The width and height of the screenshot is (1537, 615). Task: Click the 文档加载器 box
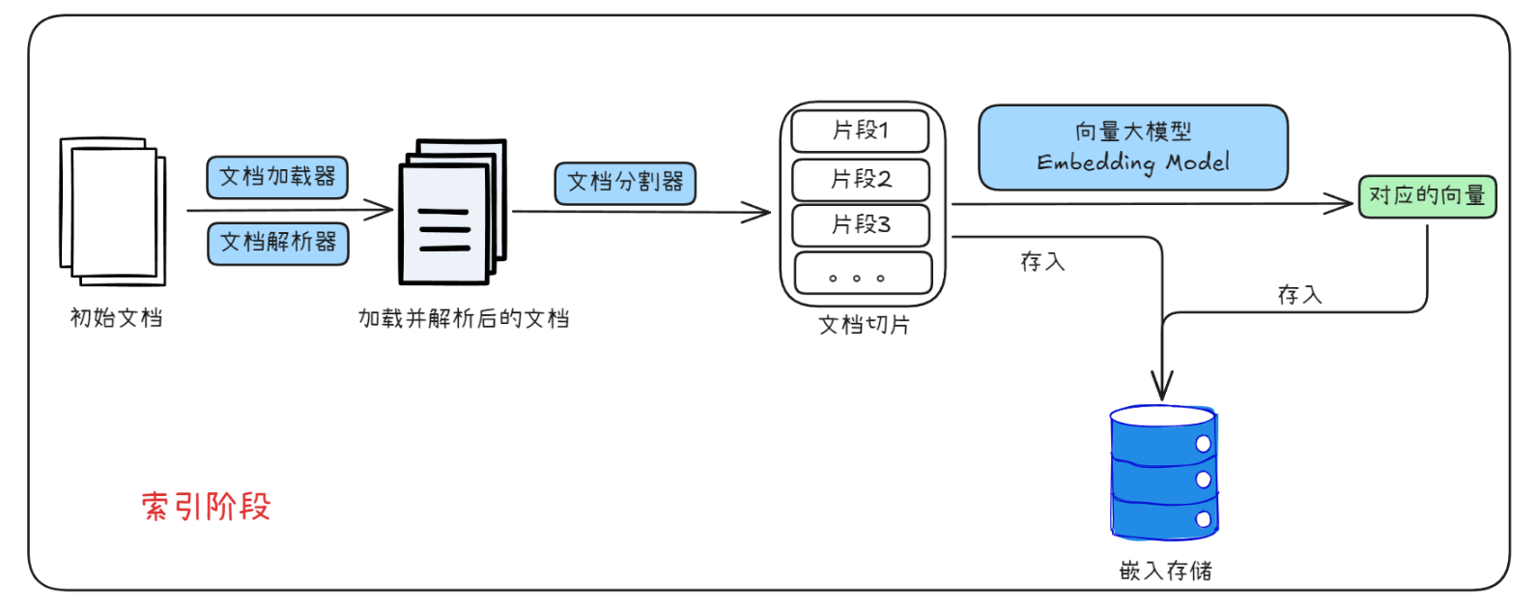[x=276, y=177]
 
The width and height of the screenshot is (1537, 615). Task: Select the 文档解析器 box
[x=277, y=242]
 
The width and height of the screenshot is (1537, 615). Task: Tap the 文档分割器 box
[x=624, y=183]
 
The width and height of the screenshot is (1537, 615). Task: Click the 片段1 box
[x=859, y=131]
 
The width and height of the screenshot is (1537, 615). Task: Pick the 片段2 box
[x=860, y=179]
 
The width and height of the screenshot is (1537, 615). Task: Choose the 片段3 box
[x=860, y=224]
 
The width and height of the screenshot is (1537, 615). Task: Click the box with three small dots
[x=862, y=274]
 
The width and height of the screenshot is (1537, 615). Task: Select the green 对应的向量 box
[x=1426, y=195]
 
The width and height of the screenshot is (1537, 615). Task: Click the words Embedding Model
[x=1132, y=161]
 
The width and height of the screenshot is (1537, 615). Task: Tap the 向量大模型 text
[x=1132, y=131]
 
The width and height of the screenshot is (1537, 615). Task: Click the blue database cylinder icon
[x=1162, y=473]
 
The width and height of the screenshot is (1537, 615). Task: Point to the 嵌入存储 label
[x=1164, y=571]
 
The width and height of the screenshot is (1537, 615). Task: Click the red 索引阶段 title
[x=206, y=506]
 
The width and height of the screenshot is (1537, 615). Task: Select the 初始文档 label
[x=116, y=317]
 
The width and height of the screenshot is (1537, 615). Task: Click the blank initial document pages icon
[x=113, y=211]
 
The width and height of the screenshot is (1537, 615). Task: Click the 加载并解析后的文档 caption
[x=463, y=318]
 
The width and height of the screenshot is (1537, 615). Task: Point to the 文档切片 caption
[x=864, y=325]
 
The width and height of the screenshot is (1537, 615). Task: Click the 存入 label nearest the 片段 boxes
[x=1042, y=261]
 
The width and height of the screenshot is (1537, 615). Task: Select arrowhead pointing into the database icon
[x=1162, y=388]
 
